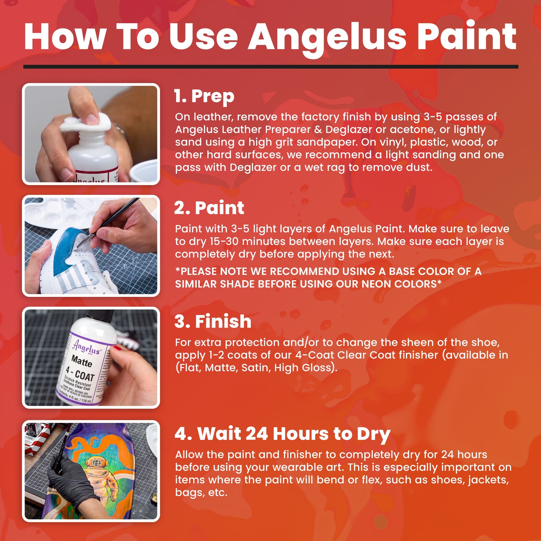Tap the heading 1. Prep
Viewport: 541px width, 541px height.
click(204, 96)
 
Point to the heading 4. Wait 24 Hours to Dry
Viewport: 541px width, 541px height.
click(282, 434)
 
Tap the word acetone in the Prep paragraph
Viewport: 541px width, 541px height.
click(411, 129)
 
